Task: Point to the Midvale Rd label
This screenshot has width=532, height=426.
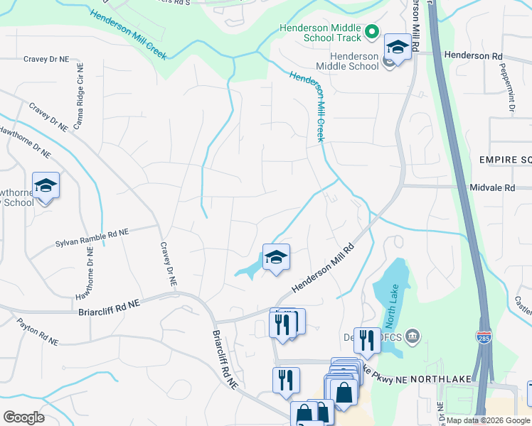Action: point(491,188)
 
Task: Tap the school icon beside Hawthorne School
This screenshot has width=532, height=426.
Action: point(46,186)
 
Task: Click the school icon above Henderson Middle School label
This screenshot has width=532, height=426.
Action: point(398,48)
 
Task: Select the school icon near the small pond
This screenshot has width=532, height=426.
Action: point(276,257)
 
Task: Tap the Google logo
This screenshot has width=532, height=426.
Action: point(24,417)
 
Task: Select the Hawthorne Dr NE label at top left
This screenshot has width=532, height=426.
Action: point(26,141)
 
